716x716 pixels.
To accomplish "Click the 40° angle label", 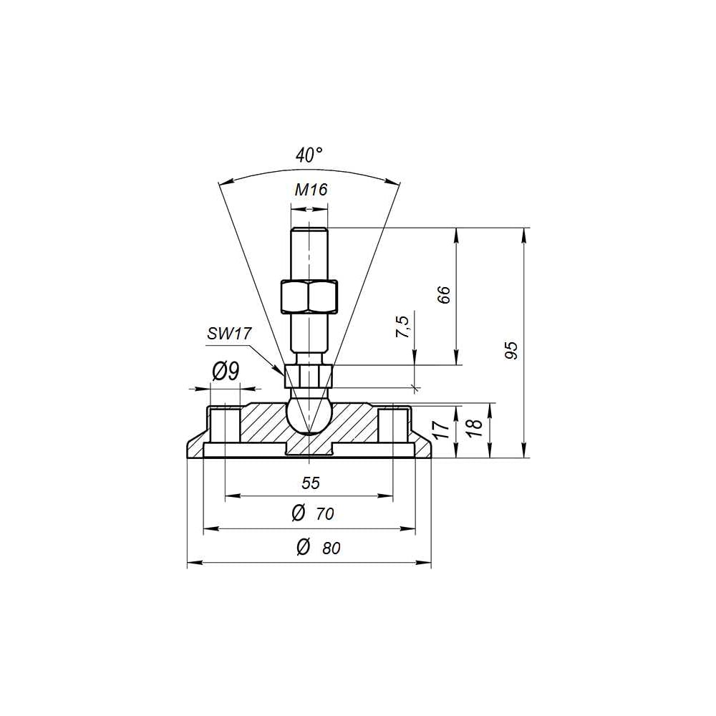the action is pyautogui.click(x=309, y=155).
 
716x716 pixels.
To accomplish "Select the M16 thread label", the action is pyautogui.click(x=311, y=190).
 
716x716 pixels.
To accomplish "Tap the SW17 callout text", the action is pyautogui.click(x=229, y=334).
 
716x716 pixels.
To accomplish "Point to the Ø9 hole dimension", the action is pyautogui.click(x=226, y=372).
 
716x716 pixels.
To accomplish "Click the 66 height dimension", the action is pyautogui.click(x=444, y=294).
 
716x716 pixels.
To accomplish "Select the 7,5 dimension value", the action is pyautogui.click(x=402, y=326).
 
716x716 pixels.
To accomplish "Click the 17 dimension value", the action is pyautogui.click(x=442, y=430).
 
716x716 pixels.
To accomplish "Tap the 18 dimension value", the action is pyautogui.click(x=475, y=427).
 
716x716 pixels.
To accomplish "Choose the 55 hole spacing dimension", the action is pyautogui.click(x=311, y=483).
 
